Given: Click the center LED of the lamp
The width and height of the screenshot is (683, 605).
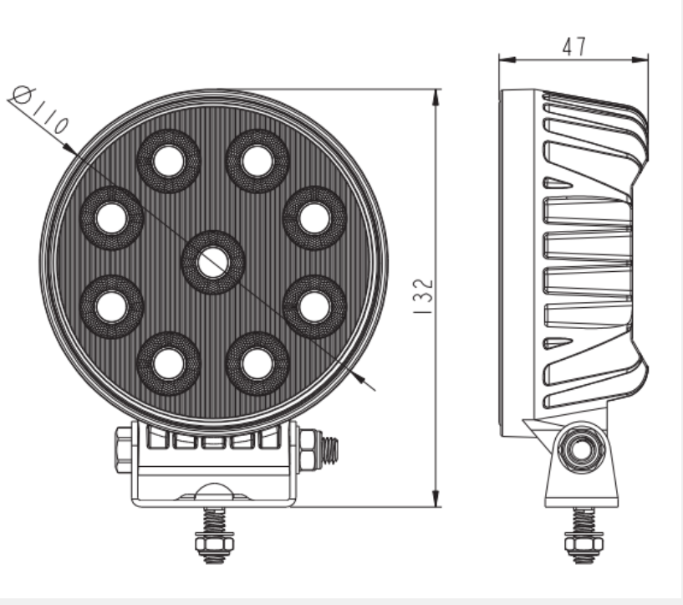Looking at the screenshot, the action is pyautogui.click(x=212, y=262).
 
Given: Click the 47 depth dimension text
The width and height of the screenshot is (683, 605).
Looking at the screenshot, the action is pyautogui.click(x=573, y=46).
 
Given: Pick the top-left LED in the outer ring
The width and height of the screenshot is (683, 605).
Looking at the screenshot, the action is pyautogui.click(x=169, y=161).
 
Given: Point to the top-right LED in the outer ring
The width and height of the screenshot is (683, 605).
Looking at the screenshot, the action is pyautogui.click(x=257, y=161).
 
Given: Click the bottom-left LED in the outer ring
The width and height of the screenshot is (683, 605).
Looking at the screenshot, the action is pyautogui.click(x=169, y=363).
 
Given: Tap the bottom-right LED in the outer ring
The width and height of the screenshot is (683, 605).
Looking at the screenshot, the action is pyautogui.click(x=257, y=363).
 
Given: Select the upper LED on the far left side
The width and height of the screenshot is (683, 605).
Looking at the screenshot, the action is pyautogui.click(x=111, y=218).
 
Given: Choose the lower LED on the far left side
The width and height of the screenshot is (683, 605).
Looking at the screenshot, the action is pyautogui.click(x=111, y=306).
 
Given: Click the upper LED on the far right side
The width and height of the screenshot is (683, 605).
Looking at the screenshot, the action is pyautogui.click(x=314, y=218).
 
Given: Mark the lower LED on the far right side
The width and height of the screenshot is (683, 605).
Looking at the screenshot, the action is pyautogui.click(x=314, y=306).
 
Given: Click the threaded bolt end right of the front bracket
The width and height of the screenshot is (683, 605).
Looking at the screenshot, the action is pyautogui.click(x=329, y=453).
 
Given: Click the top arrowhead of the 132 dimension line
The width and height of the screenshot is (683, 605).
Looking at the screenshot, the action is pyautogui.click(x=435, y=95).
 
